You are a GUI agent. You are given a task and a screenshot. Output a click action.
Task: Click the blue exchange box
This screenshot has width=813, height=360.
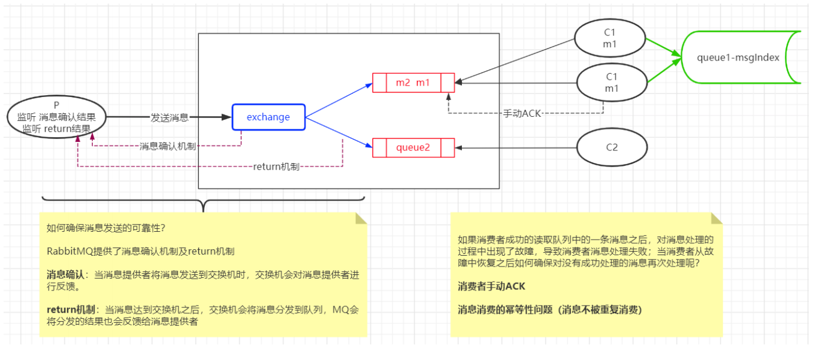pyautogui.click(x=268, y=117)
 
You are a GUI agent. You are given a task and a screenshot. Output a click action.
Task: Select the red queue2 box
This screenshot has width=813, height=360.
pyautogui.click(x=413, y=147)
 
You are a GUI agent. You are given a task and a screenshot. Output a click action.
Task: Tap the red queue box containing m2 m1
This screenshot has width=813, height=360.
pyautogui.click(x=413, y=83)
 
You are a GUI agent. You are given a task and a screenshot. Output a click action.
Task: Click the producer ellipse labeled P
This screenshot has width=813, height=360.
pyautogui.click(x=57, y=117)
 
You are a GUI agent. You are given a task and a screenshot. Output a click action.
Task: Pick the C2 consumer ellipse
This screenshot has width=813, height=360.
pyautogui.click(x=612, y=147)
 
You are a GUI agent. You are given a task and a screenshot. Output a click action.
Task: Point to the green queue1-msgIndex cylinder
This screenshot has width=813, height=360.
pyautogui.click(x=741, y=58)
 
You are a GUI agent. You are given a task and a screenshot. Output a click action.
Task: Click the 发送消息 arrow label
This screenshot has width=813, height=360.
pyautogui.click(x=170, y=117)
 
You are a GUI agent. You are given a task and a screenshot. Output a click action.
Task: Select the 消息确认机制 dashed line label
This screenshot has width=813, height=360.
pyautogui.click(x=168, y=146)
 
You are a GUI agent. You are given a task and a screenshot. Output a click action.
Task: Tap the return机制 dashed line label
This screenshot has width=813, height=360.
pyautogui.click(x=276, y=167)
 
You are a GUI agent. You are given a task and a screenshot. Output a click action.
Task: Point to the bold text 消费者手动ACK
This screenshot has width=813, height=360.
pyautogui.click(x=491, y=286)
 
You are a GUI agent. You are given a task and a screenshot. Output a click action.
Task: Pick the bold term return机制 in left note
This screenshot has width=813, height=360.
pyautogui.click(x=71, y=310)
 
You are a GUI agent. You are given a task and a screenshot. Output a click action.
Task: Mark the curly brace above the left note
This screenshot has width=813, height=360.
pyautogui.click(x=204, y=201)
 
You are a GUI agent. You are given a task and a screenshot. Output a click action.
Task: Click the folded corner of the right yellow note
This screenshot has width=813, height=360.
pyautogui.click(x=717, y=218)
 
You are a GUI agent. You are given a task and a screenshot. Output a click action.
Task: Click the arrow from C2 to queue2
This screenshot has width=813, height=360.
pyautogui.click(x=515, y=148)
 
